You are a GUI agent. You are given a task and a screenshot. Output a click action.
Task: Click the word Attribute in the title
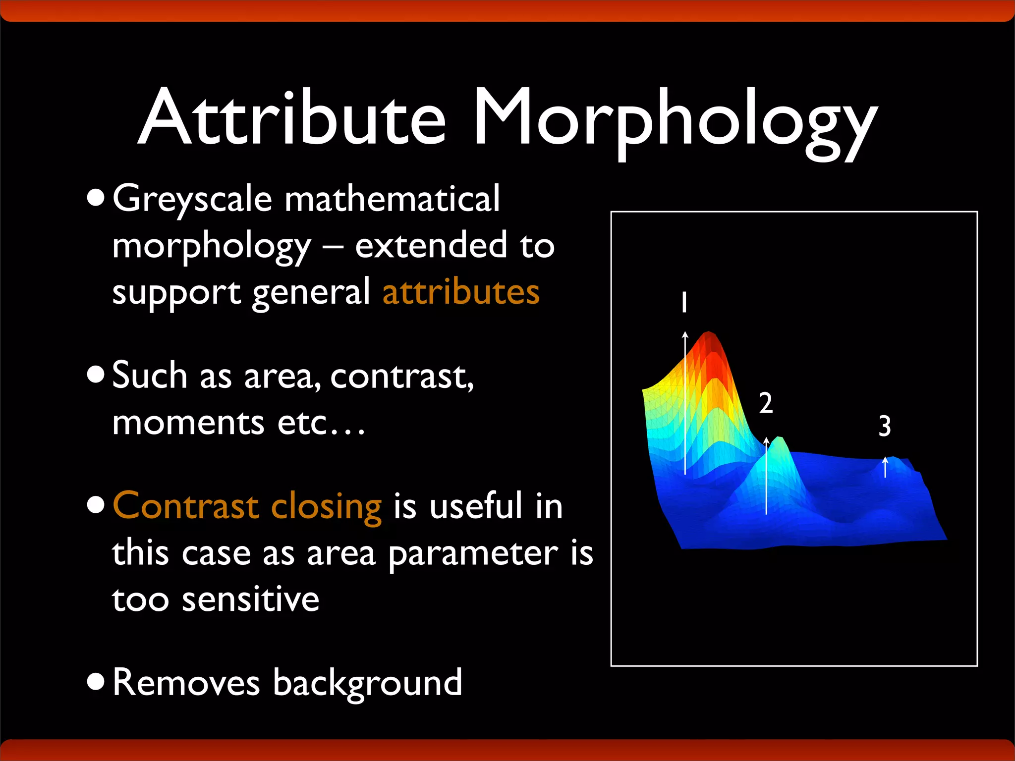coord(292,118)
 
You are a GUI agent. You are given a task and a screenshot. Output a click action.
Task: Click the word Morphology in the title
coord(674,121)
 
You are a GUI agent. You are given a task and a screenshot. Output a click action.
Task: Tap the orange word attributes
coord(461,292)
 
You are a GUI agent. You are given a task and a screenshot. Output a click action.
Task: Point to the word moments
coord(188,424)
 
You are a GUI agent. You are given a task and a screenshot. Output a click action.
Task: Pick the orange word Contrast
coord(186,506)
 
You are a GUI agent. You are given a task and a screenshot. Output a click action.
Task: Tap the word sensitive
coord(250,599)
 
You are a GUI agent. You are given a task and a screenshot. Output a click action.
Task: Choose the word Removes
coord(186,683)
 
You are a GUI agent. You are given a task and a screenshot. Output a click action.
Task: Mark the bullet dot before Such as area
coord(96,375)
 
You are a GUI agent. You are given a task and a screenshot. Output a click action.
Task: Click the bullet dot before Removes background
coord(96,682)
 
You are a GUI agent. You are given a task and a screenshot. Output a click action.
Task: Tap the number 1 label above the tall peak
coord(684,302)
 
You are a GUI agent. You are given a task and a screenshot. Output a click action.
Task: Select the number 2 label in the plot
coord(766,403)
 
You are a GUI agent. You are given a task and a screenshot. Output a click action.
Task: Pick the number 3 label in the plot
coord(885,426)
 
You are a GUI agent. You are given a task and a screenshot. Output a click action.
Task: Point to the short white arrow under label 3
coord(885,467)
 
